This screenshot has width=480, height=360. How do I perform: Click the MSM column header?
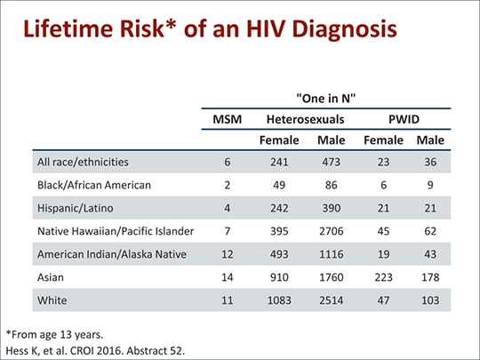click(x=227, y=118)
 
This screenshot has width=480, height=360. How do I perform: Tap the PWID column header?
click(x=405, y=118)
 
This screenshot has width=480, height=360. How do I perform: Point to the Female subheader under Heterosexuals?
click(x=278, y=140)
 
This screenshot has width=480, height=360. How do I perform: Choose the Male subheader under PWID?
click(x=429, y=140)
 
